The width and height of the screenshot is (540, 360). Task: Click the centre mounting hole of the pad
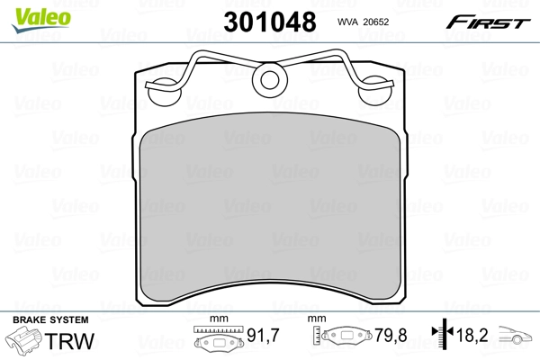[269, 80]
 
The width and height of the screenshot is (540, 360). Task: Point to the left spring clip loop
[163, 89]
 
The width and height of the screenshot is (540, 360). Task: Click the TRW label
[70, 342]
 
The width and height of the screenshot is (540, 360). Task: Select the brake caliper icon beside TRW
[26, 342]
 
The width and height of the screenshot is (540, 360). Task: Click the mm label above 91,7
[215, 319]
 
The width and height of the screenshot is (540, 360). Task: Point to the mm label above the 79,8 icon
[316, 319]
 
